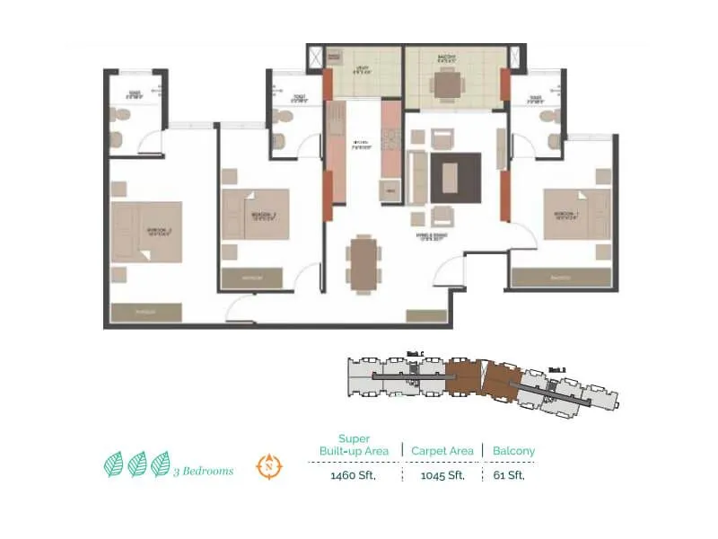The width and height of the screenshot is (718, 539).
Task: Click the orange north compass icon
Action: (x=267, y=466)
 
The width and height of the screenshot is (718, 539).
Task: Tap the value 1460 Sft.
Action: (x=353, y=475)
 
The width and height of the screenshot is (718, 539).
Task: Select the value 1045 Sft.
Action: (x=442, y=475)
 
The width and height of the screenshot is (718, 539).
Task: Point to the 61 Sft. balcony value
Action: (x=509, y=475)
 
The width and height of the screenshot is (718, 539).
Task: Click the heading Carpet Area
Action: (x=442, y=450)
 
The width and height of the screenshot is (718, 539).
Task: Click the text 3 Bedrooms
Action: (x=204, y=470)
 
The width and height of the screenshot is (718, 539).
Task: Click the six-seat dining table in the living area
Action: (x=363, y=264)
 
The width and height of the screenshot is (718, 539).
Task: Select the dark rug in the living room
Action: (x=455, y=178)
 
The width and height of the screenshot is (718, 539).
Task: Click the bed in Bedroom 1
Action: (x=576, y=214)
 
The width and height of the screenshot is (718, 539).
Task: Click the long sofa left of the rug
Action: (x=417, y=177)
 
